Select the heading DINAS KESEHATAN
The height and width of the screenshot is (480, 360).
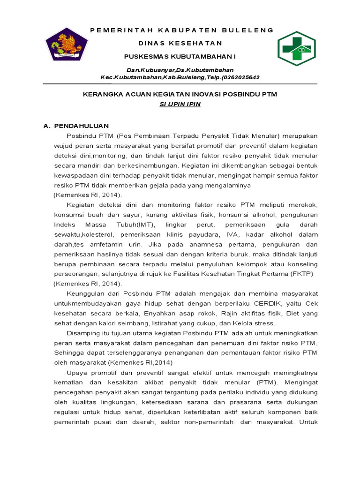tap(180, 43)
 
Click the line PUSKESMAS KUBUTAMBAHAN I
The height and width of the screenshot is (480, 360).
tap(180, 56)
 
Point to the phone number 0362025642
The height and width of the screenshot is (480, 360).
tap(239, 77)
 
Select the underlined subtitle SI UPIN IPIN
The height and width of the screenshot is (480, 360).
tap(180, 104)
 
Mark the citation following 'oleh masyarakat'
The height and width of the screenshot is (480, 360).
tap(140, 362)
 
